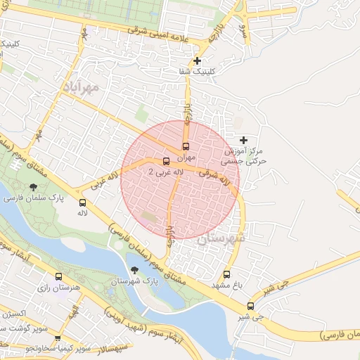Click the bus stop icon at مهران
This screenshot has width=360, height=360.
click(x=186, y=146)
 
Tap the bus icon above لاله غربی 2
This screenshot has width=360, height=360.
click(x=166, y=161)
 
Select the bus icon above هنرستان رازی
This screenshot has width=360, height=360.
click(x=58, y=277)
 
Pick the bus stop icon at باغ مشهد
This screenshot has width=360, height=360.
click(x=226, y=274)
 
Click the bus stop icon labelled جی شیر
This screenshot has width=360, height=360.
click(x=251, y=306)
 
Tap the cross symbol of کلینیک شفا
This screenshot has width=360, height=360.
click(x=198, y=61)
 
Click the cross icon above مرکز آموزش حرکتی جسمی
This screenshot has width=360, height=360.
click(x=244, y=141)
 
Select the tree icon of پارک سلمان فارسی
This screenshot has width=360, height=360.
click(x=33, y=187)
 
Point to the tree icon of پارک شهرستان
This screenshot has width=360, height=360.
click(x=134, y=270)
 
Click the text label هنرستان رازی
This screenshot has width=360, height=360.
click(x=56, y=288)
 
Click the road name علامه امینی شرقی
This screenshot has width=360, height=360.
click(x=164, y=33)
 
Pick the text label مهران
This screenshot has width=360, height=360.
click(x=184, y=157)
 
